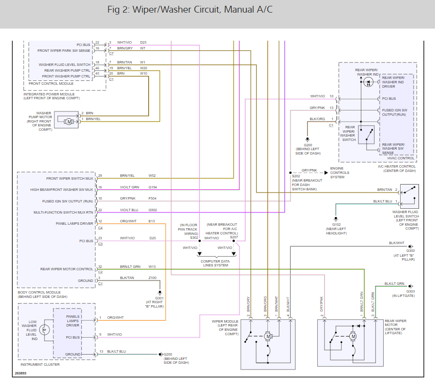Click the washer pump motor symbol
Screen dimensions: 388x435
(69, 121)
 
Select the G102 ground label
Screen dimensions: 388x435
(337, 224)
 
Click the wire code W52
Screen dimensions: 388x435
(152, 175)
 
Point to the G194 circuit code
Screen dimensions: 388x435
(153, 187)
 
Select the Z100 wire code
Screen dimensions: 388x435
(153, 278)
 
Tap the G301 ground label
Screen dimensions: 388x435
(159, 298)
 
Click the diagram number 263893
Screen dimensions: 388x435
(21, 373)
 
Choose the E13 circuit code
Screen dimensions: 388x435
(152, 221)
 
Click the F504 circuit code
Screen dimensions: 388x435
(153, 198)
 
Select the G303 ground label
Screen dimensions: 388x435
(410, 291)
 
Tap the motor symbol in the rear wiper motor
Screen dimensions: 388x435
(353, 336)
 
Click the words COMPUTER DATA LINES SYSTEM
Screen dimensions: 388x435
(215, 263)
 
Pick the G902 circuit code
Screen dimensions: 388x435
(153, 210)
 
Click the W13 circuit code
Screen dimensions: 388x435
(152, 266)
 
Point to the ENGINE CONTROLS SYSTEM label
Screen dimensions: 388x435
(340, 172)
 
